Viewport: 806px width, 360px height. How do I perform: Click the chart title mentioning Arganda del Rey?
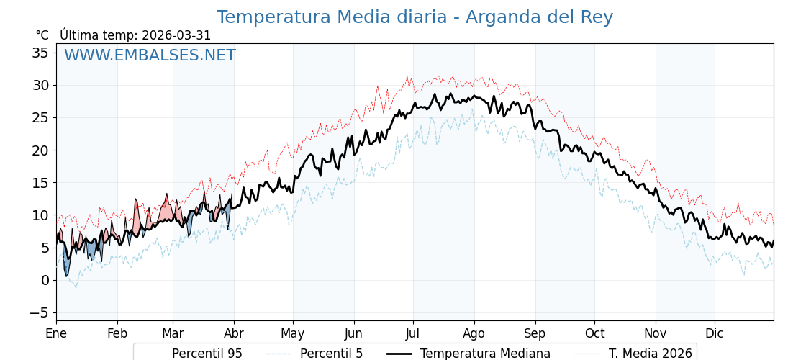coord(415,17)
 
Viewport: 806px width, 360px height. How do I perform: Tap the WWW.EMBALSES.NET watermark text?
coord(150,55)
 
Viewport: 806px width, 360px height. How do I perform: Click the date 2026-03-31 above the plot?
coord(176,35)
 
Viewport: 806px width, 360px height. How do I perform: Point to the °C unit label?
coord(42,35)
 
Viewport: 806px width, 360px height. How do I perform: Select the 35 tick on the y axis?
coord(40,53)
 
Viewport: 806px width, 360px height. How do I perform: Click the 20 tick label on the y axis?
coord(40,150)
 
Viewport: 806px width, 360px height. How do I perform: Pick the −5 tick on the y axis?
coord(39,312)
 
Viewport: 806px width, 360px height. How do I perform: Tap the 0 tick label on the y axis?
coord(45,280)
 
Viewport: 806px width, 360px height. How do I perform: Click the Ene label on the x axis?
coord(56,333)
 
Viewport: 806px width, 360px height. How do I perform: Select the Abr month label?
coord(234,333)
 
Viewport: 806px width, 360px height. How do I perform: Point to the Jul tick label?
coord(413,333)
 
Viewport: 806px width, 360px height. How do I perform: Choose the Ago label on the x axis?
coord(474,333)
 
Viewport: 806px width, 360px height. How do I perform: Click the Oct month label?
coord(594,333)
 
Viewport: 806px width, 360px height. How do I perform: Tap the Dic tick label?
coord(715,333)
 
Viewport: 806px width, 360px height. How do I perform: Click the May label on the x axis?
coord(293,333)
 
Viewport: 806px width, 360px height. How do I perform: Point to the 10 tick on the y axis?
coord(40,215)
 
